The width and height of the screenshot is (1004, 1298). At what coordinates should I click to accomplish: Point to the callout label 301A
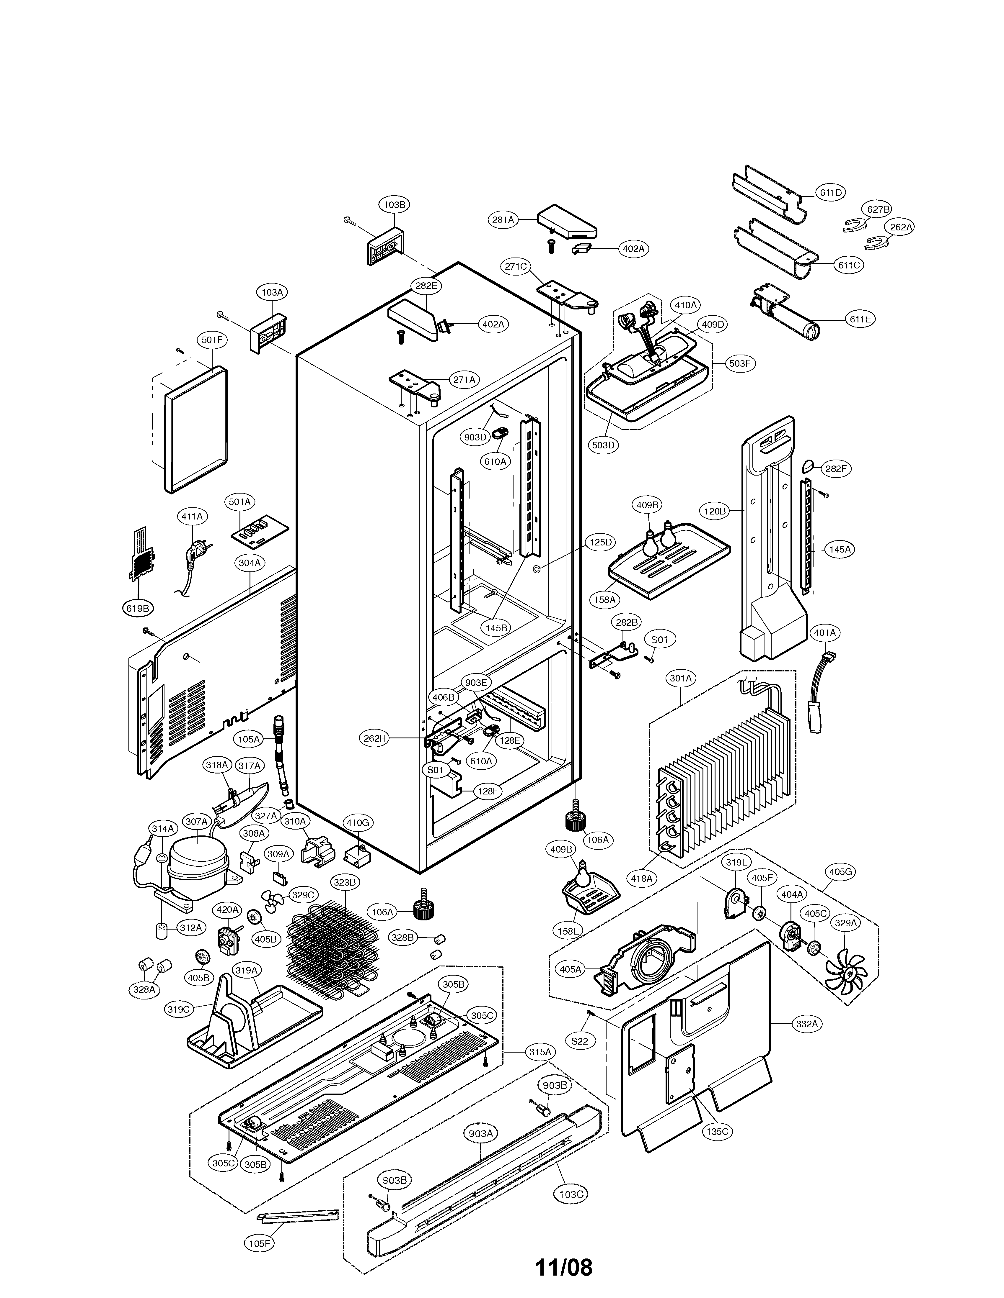[681, 678]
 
